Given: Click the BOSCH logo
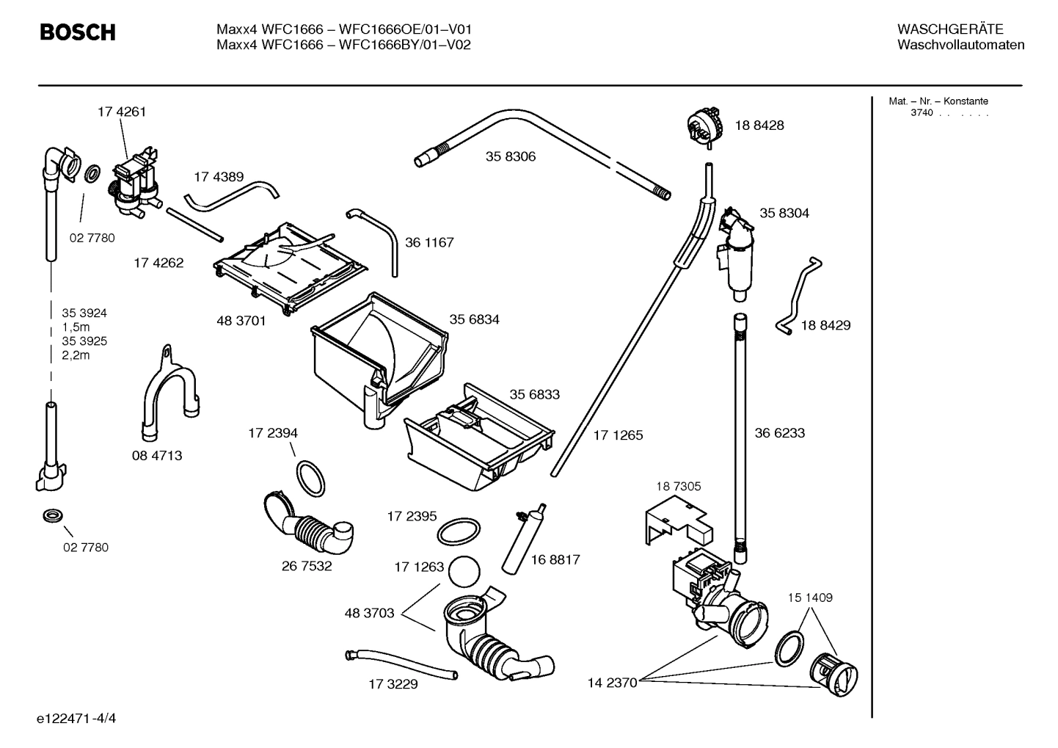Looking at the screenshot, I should pos(77,32).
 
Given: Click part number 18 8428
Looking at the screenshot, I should pos(759,126).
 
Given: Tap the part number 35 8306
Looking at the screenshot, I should pos(511,156).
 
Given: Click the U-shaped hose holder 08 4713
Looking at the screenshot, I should pos(167,395).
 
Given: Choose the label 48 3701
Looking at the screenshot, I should pos(241,321).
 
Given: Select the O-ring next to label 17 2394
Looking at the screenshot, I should pos(310,477).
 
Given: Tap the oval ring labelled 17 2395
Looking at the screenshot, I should pos(459,529).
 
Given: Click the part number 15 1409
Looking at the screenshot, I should pos(811,598).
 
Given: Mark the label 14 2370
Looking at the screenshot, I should pos(612,683).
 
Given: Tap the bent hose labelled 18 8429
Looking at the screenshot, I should pos(798,297).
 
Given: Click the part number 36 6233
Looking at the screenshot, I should pos(780,433).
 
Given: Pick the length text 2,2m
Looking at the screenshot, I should pos(76,355).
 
